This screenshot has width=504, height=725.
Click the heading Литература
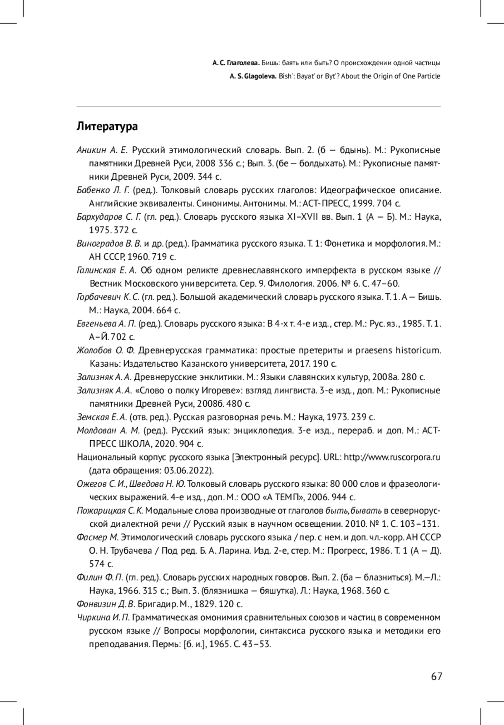tap(107, 126)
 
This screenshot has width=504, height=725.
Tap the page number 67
tap(436, 676)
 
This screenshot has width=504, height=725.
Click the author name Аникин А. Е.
tap(102, 150)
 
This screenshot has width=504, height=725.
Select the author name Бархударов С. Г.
tap(109, 217)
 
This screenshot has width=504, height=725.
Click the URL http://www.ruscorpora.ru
tap(392, 457)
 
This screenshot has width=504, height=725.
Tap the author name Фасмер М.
tap(98, 537)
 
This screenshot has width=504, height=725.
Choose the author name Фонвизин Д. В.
tap(105, 604)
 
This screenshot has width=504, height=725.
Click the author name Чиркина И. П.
tap(104, 617)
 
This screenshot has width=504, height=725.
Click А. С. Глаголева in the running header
tap(236, 63)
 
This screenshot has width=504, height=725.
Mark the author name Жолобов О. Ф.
tap(105, 350)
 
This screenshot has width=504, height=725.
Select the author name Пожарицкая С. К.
tap(110, 510)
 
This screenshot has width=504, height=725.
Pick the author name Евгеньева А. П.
tap(106, 323)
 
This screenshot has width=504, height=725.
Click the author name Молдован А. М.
tap(108, 431)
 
